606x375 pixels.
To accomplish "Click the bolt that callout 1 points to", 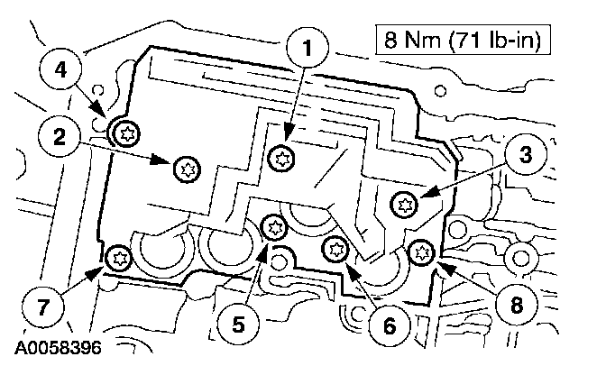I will [283, 158].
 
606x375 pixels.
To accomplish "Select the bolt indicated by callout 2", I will [187, 167].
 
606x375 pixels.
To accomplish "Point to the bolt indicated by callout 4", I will [124, 134].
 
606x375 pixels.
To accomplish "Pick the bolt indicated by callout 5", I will [271, 226].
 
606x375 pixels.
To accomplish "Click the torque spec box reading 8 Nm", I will [463, 40].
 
